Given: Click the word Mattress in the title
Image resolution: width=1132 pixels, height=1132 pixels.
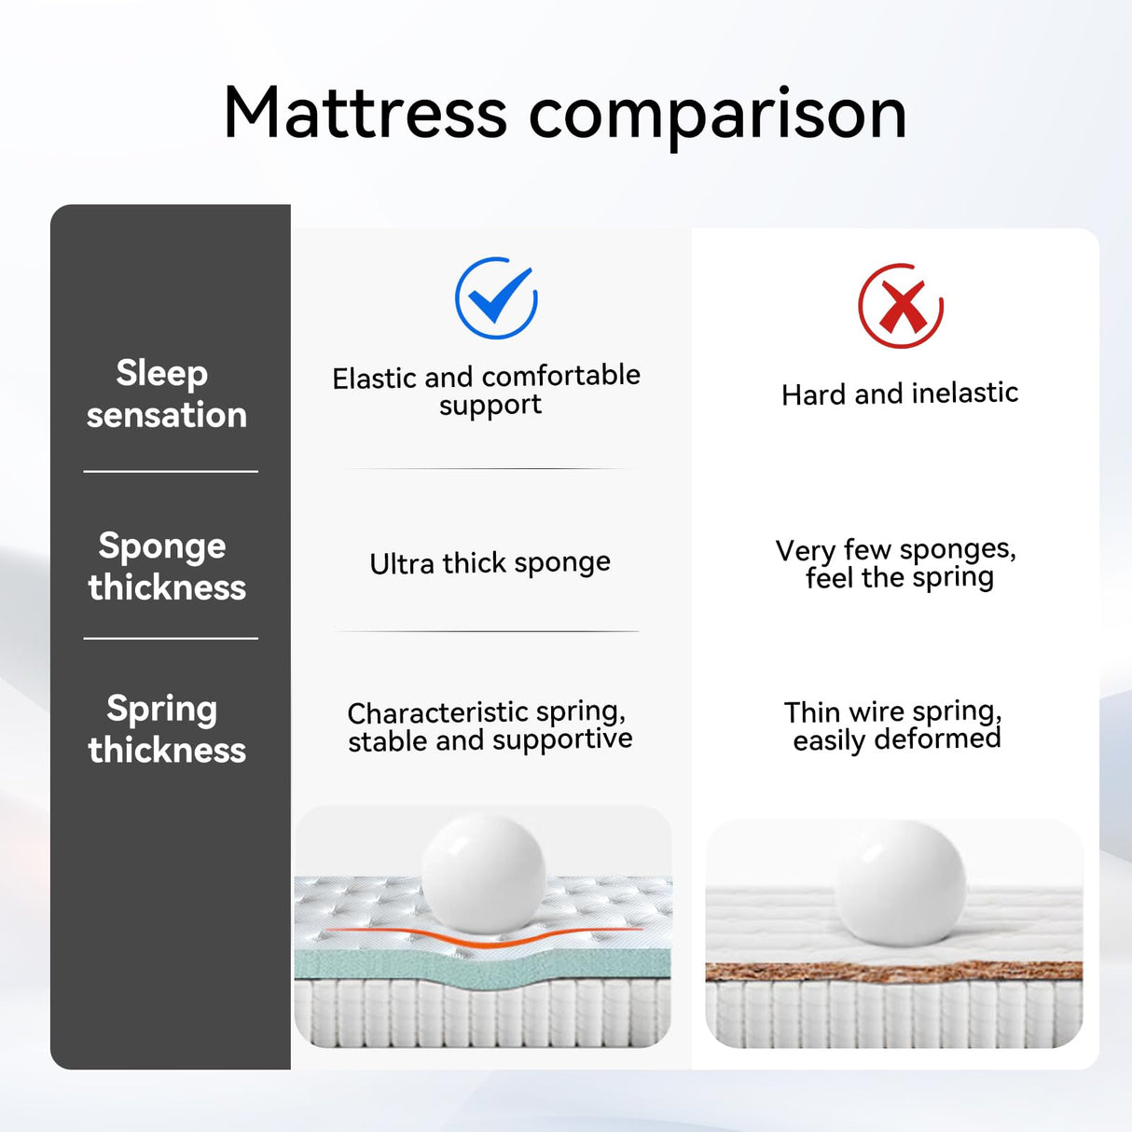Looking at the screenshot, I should pyautogui.click(x=365, y=114).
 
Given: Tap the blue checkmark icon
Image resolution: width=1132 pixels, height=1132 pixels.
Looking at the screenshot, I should pyautogui.click(x=496, y=298).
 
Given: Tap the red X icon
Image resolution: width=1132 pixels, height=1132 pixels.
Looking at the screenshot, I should pyautogui.click(x=901, y=306).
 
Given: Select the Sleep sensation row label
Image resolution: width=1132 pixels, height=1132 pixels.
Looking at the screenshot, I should pyautogui.click(x=166, y=393).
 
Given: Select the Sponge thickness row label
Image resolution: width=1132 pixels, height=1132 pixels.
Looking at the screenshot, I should pyautogui.click(x=166, y=566).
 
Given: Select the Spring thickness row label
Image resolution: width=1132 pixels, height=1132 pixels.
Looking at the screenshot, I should pyautogui.click(x=166, y=729).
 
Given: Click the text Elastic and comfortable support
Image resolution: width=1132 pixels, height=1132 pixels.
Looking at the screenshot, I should pyautogui.click(x=487, y=390).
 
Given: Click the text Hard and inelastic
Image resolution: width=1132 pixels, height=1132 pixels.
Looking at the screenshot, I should pyautogui.click(x=900, y=393).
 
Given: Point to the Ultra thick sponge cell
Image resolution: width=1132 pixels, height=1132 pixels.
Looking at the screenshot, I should pyautogui.click(x=490, y=563).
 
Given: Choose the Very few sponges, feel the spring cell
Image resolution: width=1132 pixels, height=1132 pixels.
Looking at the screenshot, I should pyautogui.click(x=896, y=563).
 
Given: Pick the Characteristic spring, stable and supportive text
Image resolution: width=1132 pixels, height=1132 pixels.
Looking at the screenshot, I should pyautogui.click(x=490, y=725).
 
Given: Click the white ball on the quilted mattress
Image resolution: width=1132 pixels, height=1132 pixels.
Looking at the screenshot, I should pyautogui.click(x=483, y=872).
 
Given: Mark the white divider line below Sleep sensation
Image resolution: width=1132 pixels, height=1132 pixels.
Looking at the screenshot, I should pyautogui.click(x=171, y=472).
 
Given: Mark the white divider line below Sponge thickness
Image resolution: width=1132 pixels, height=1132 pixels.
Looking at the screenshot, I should pyautogui.click(x=171, y=639).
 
